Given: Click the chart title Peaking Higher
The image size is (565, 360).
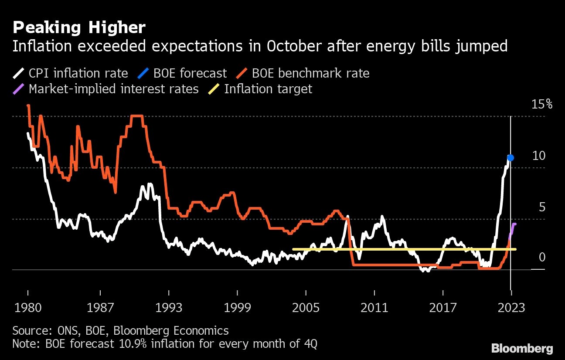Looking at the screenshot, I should (79, 28).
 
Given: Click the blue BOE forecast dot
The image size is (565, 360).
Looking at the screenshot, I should (511, 158).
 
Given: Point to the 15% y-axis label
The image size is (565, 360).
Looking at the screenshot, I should (542, 105).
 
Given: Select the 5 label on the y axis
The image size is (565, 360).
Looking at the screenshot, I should (542, 207).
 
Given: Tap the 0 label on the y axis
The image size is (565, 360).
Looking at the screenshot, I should (542, 258).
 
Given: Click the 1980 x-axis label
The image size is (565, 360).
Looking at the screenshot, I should (28, 308).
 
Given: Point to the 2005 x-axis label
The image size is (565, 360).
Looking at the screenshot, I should (306, 308).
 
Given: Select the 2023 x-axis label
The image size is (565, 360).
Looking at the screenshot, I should (511, 308).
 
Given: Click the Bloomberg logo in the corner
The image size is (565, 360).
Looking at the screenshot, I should (522, 348).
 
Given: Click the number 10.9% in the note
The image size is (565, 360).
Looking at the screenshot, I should (131, 344).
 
